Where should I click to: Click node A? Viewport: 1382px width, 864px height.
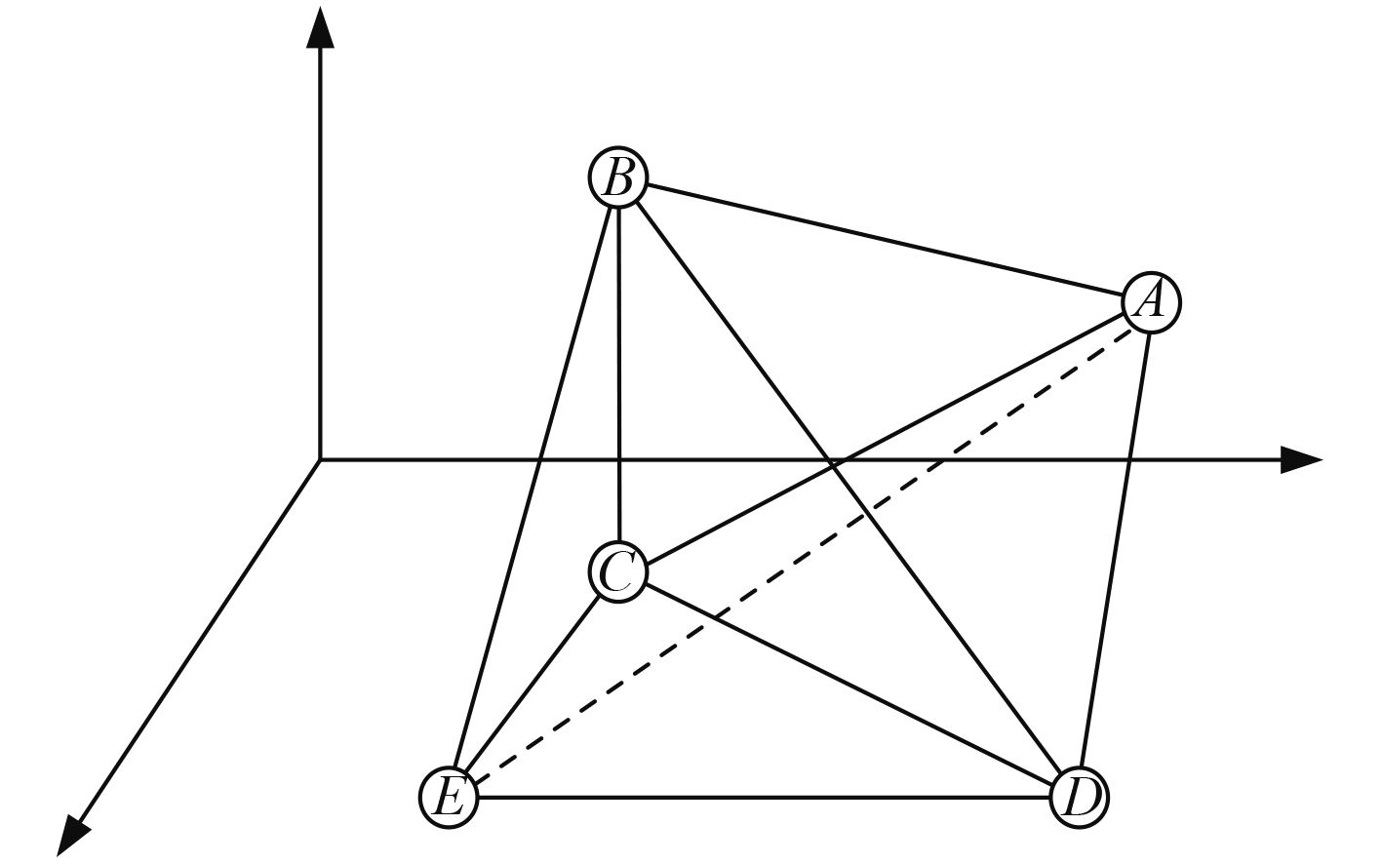(x=1151, y=302)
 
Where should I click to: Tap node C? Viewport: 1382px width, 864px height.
(x=618, y=572)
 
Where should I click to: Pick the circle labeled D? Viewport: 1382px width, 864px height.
(x=1080, y=798)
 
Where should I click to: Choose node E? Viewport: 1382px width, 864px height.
(x=449, y=798)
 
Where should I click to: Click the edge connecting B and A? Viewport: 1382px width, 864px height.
(x=885, y=240)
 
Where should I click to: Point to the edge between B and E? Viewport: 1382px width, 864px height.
(x=533, y=488)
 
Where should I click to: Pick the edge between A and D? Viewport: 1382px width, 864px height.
(x=1116, y=550)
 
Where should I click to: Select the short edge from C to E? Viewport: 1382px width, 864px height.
(x=533, y=685)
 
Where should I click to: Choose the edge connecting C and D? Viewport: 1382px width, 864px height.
(x=849, y=685)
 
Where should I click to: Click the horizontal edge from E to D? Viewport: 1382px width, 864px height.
(x=764, y=798)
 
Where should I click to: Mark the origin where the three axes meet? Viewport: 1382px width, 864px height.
(x=320, y=458)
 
